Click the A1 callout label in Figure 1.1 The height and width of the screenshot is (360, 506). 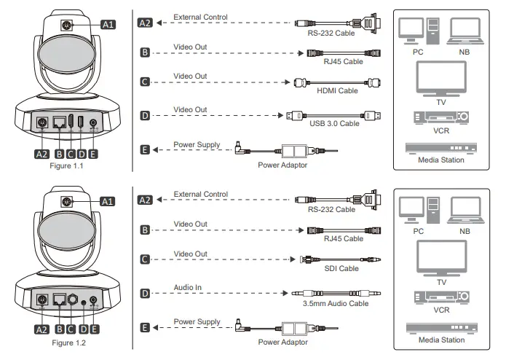point(107,24)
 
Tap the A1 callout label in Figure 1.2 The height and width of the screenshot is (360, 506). point(107,200)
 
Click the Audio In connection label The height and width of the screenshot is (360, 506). point(188,287)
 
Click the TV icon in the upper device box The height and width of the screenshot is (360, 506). point(440,78)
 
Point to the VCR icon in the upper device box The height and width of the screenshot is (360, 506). point(440,117)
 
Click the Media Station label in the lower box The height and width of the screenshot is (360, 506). point(441,339)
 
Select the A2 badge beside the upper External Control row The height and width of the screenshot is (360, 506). point(145,23)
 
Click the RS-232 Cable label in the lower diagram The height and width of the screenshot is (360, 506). point(331,209)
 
